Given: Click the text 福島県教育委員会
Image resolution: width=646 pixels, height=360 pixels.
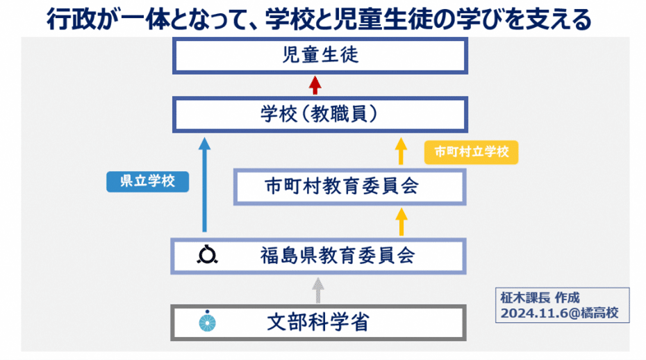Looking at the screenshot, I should pyautogui.click(x=338, y=256).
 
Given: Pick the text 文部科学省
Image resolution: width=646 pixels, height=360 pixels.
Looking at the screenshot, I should pyautogui.click(x=317, y=322).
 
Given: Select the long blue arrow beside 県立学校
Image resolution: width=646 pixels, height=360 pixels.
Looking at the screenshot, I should pyautogui.click(x=204, y=184).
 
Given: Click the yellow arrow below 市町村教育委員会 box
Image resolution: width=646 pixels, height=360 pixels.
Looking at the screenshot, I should pyautogui.click(x=400, y=222).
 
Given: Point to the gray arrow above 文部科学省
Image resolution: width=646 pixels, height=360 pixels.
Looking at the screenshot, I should pyautogui.click(x=317, y=290).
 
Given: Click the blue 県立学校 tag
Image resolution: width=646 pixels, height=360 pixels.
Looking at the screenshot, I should pyautogui.click(x=147, y=181).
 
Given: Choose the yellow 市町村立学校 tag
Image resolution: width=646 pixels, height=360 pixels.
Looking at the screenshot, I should pyautogui.click(x=472, y=152).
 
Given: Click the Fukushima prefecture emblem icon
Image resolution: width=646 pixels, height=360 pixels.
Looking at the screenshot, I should pyautogui.click(x=207, y=255).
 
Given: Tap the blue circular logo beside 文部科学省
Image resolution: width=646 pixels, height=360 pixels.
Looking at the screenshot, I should pyautogui.click(x=207, y=322).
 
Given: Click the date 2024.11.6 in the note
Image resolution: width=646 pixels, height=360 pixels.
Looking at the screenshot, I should pyautogui.click(x=528, y=314).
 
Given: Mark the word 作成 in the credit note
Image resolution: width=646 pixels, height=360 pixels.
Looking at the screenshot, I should pyautogui.click(x=566, y=297).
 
